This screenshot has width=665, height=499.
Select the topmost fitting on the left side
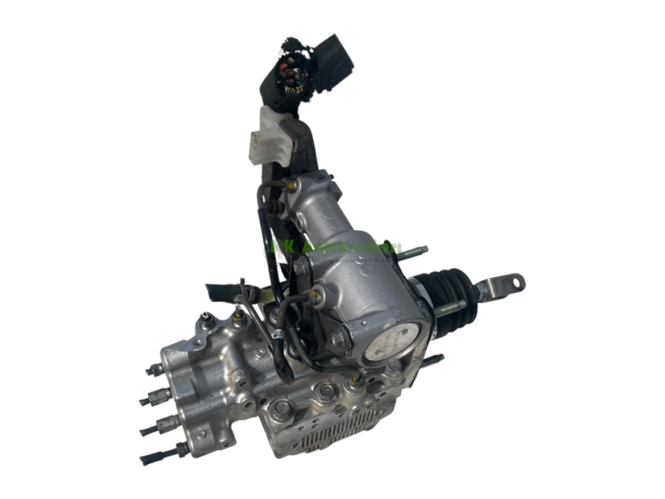click(154, 368)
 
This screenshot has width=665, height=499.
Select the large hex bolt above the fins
click(282, 408)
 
